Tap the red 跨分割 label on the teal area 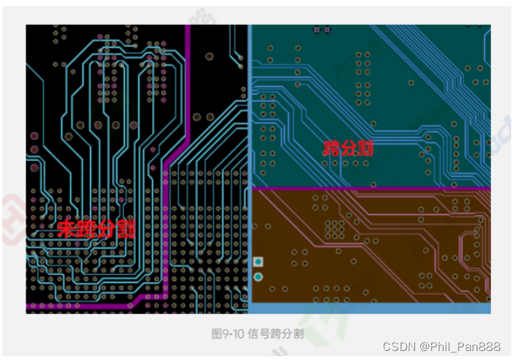point(348,147)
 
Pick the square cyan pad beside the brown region point(259,262)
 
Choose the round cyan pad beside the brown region point(259,277)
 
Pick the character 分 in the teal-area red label point(348,147)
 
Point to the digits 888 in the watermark point(491,346)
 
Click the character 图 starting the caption point(217,334)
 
